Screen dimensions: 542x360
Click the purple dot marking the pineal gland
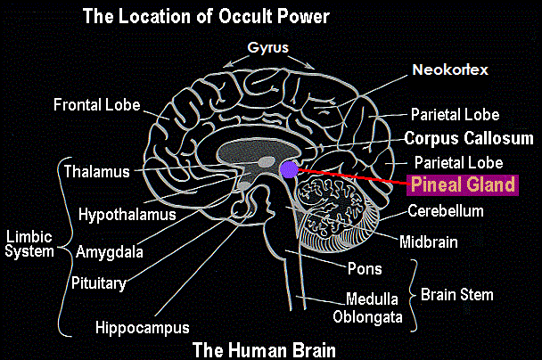290,169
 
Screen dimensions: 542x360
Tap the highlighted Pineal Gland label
463,184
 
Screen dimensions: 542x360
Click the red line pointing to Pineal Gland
353,176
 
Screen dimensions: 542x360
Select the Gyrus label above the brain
268,48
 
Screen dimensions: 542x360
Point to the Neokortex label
450,70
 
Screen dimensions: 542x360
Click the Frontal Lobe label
97,104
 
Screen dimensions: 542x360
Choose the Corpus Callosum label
469,138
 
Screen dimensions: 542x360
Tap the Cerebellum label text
446,211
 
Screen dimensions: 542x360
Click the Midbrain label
429,242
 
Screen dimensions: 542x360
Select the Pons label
365,269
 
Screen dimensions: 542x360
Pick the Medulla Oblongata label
368,308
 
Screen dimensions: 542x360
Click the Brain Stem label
457,295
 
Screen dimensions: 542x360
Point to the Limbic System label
29,244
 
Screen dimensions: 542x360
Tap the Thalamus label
97,172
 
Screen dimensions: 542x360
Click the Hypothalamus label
127,215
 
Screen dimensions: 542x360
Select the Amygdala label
110,252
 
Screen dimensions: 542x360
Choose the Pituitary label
99,283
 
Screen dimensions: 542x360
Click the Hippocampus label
143,328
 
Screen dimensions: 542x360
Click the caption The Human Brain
264,350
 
